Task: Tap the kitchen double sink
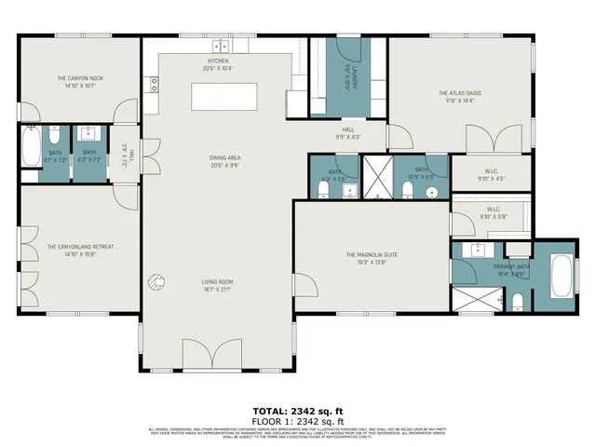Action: (x=221, y=46)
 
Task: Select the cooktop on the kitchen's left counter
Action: (x=153, y=84)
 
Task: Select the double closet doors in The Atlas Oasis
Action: (x=494, y=141)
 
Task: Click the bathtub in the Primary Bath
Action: (x=562, y=278)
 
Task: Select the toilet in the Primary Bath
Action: (x=518, y=301)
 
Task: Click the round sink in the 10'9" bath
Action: (x=431, y=193)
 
